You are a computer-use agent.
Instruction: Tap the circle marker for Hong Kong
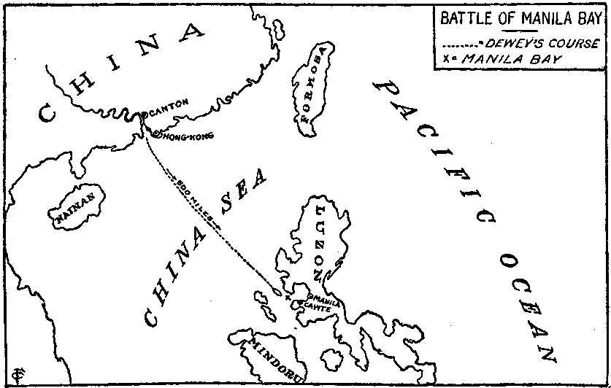(x=154, y=133)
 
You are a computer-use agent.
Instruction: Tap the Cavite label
(x=315, y=309)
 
